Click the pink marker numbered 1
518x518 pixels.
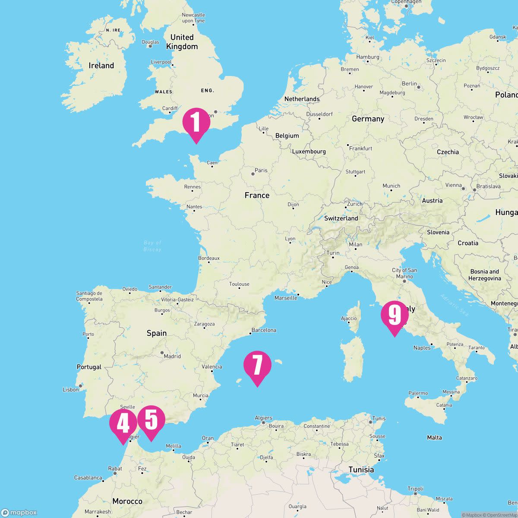tap(196, 122)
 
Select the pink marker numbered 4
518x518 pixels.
tap(123, 423)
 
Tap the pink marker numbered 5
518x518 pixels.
tap(151, 420)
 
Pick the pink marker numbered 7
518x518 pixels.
tap(257, 365)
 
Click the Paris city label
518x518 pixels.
tap(261, 171)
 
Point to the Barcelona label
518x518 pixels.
tap(263, 330)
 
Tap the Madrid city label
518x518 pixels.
tap(172, 356)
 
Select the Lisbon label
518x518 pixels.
tap(71, 389)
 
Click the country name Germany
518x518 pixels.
tap(368, 119)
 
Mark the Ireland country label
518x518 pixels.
tap(101, 66)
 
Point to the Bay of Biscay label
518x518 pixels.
tap(152, 246)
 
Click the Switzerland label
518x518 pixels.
tap(341, 218)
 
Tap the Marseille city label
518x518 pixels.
tap(285, 298)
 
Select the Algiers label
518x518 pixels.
tap(263, 418)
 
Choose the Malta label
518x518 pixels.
tap(434, 438)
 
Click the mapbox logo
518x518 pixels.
tap(19, 512)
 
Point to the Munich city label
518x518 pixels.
tap(391, 186)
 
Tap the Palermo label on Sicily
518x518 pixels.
tap(418, 393)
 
